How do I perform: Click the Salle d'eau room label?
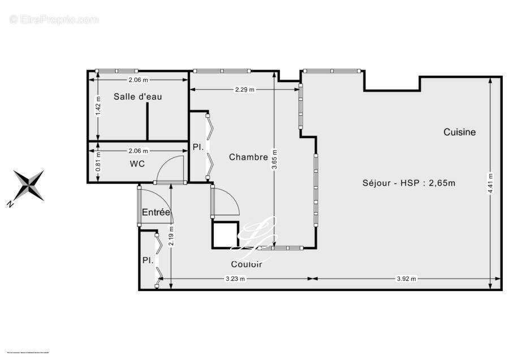(x=137, y=97)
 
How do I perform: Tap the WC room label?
(x=137, y=164)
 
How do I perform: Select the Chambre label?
(x=248, y=157)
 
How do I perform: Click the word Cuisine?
(x=459, y=132)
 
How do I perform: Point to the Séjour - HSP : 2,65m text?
(x=409, y=183)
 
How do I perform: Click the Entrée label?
(x=156, y=212)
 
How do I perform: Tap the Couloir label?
(x=246, y=264)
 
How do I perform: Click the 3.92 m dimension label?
(x=406, y=278)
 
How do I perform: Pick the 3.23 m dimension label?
(x=235, y=278)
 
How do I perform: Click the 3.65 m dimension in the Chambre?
(x=275, y=160)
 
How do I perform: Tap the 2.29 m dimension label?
(x=244, y=89)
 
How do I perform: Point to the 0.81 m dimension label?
(x=98, y=162)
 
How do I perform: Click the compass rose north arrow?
(x=29, y=186)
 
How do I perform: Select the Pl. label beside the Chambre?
(x=197, y=147)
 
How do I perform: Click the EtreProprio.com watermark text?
(x=54, y=19)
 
